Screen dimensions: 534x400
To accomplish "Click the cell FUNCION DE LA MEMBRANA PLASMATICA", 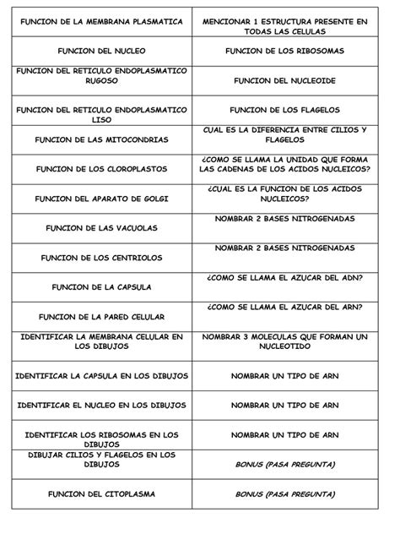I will click(x=100, y=20).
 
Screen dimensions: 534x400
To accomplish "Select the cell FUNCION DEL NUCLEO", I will click(x=100, y=52).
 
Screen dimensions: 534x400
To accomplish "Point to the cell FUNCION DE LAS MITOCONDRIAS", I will click(x=100, y=139).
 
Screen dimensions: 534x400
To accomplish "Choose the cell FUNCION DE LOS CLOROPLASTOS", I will click(x=100, y=169).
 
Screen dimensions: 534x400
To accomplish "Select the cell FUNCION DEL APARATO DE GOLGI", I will click(x=100, y=199).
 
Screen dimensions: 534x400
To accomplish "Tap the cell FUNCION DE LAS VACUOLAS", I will click(x=100, y=228).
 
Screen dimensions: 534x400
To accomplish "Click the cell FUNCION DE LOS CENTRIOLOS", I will click(x=100, y=258).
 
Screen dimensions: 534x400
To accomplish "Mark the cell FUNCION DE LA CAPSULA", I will click(x=100, y=286).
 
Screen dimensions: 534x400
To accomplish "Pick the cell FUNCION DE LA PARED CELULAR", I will click(x=100, y=316).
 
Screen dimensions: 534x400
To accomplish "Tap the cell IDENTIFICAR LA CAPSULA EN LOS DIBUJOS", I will click(x=100, y=374).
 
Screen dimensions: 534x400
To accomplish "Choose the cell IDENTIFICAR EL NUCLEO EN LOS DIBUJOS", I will click(x=100, y=404).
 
